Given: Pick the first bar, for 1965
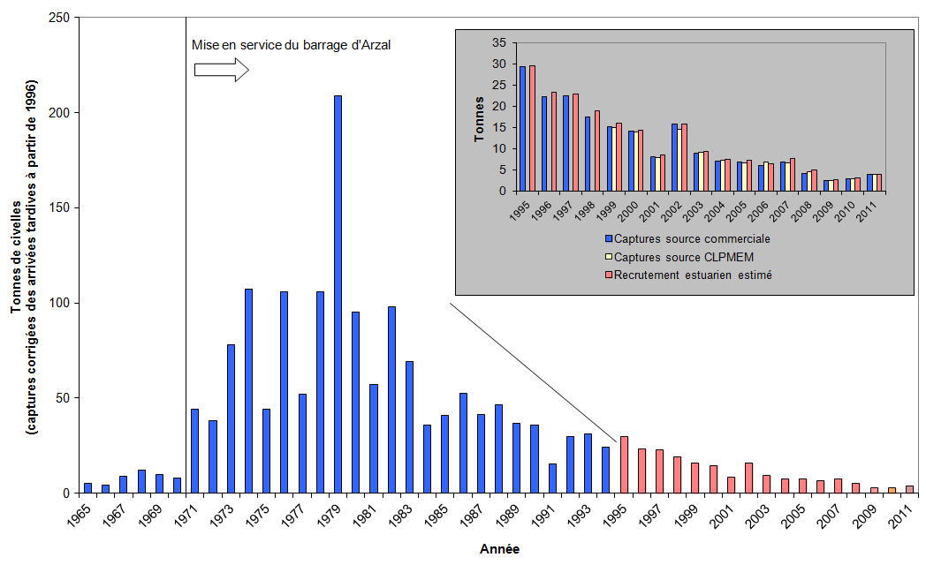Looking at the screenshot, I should (x=87, y=487).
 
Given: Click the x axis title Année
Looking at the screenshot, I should (x=499, y=549).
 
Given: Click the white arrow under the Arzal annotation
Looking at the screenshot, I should (x=222, y=70).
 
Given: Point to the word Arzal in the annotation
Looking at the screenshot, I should (x=371, y=44).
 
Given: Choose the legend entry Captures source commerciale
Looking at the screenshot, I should (x=687, y=238).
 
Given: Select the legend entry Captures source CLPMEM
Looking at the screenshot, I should (x=679, y=256).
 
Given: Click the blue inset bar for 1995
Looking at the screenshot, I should (x=522, y=128).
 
